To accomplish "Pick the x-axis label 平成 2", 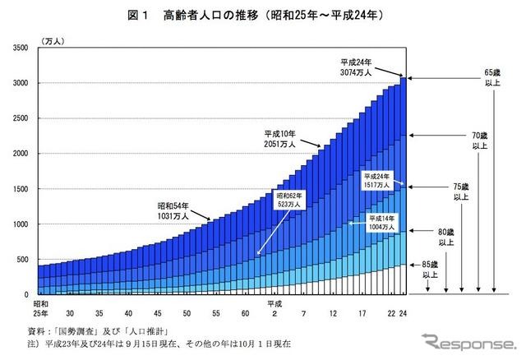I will pyautogui.click(x=271, y=308).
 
